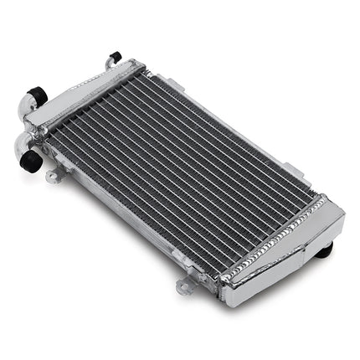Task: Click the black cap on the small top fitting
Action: [115, 57]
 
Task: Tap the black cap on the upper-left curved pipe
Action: [36, 96]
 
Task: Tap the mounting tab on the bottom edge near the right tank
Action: [184, 286]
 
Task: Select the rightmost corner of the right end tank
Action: [344, 215]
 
